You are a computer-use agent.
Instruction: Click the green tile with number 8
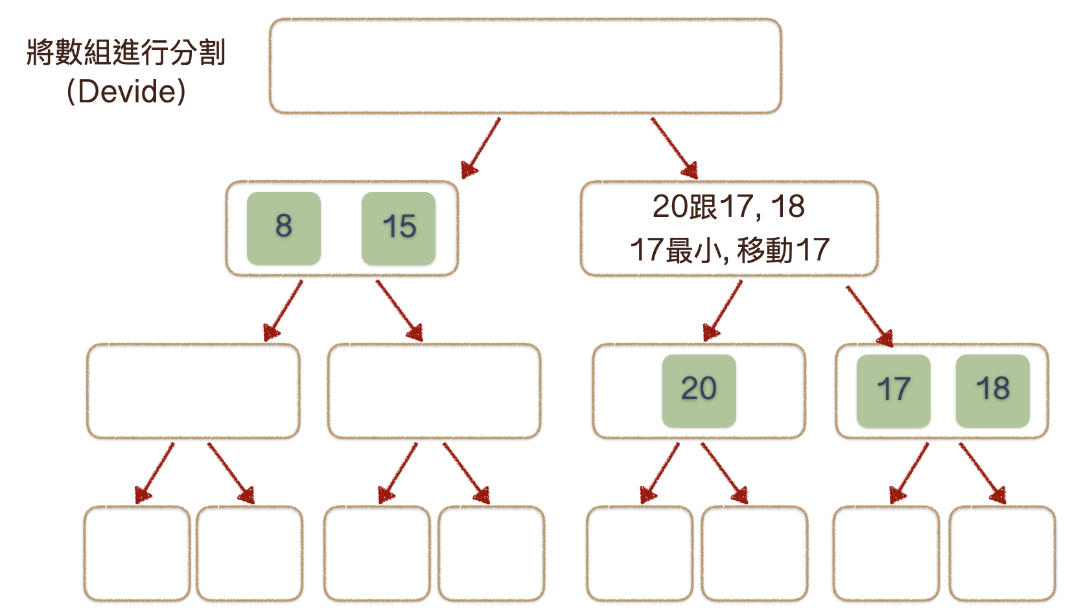(x=284, y=228)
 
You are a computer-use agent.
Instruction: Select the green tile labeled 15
(x=398, y=228)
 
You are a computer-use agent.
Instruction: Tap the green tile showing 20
(x=699, y=390)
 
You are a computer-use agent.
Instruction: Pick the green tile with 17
(x=893, y=390)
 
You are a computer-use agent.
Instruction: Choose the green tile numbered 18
(x=992, y=390)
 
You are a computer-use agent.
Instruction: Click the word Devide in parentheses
(x=126, y=91)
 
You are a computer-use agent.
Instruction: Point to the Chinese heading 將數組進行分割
(x=126, y=52)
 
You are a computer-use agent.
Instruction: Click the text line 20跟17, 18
(x=728, y=207)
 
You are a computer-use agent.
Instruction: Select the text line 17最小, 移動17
(x=730, y=250)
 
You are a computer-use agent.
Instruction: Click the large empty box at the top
(x=525, y=66)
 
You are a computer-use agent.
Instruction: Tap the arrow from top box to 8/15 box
(x=480, y=148)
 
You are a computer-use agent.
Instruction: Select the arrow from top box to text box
(x=674, y=148)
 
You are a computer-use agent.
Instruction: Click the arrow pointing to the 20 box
(x=723, y=311)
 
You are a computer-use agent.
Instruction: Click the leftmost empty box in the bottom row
(x=137, y=553)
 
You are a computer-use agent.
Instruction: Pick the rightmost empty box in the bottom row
(x=1002, y=553)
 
